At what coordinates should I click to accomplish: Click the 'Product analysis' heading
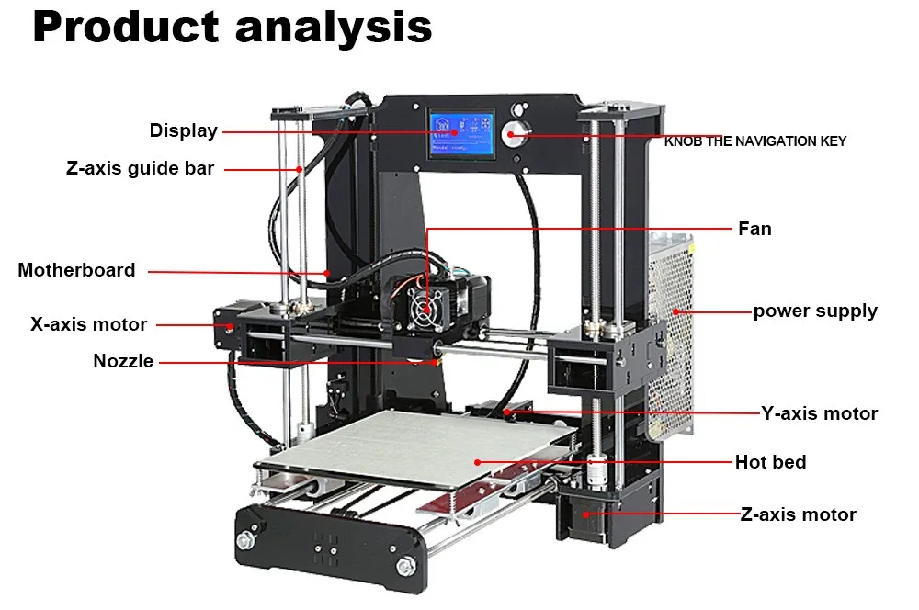232,28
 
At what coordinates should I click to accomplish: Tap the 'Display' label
184,130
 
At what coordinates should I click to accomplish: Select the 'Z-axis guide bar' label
140,168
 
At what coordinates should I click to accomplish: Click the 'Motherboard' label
76,270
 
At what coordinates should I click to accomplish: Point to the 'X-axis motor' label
88,324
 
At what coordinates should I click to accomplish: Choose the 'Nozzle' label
123,361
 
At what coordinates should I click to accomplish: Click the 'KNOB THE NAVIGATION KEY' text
754,141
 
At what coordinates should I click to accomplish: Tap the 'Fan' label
754,228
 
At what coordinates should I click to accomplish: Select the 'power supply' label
815,311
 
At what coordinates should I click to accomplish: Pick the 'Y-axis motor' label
819,413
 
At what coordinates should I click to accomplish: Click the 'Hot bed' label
770,462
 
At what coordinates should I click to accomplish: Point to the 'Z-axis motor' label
798,514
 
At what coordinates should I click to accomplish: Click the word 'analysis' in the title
333,28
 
